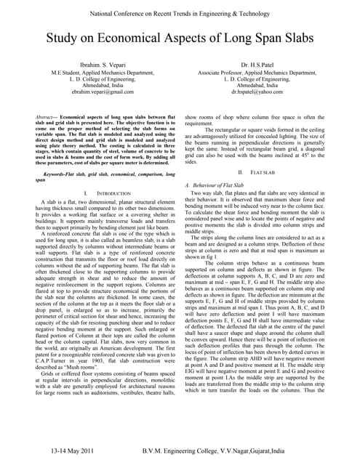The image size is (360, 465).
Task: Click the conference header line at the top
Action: [x=180, y=12]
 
